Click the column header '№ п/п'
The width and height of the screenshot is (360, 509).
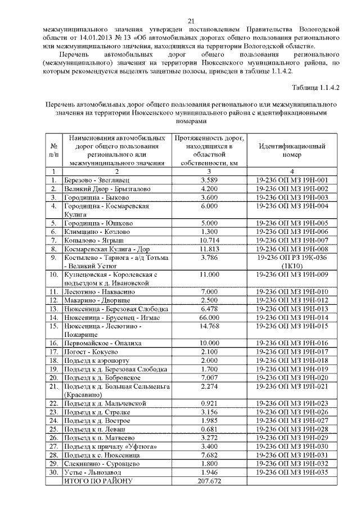54,150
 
